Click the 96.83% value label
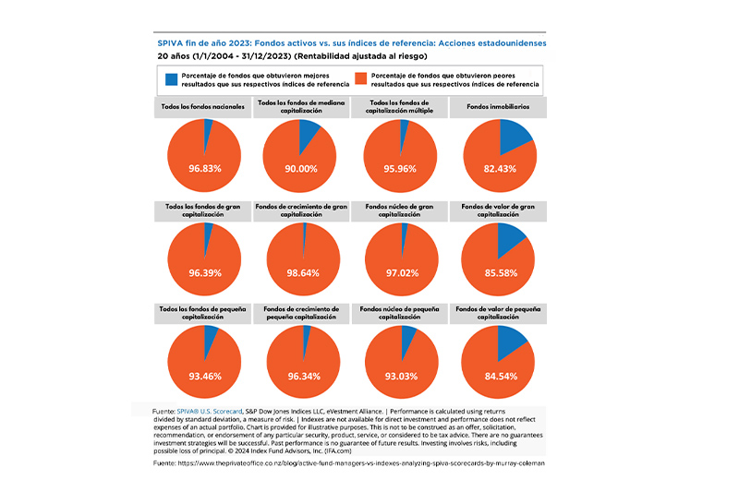(x=205, y=169)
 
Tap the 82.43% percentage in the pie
(x=500, y=169)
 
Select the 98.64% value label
(x=303, y=273)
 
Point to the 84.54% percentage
(x=501, y=377)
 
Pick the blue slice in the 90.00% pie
(x=308, y=133)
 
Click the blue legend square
(x=172, y=79)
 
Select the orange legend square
(x=361, y=79)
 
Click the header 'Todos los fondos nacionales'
(x=202, y=107)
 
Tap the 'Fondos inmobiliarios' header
(x=498, y=107)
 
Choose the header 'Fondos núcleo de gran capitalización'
(x=399, y=210)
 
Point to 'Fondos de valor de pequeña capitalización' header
(x=498, y=313)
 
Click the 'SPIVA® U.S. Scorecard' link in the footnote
(x=210, y=412)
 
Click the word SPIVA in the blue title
(x=170, y=43)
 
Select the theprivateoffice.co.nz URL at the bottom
(x=361, y=463)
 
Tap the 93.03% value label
(x=401, y=377)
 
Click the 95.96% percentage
(x=400, y=169)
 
